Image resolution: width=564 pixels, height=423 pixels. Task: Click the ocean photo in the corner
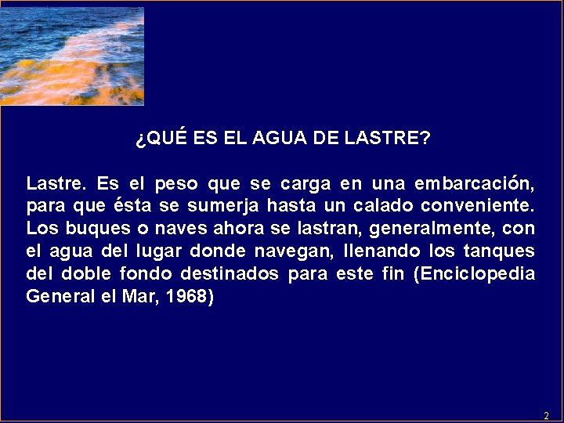click(x=72, y=56)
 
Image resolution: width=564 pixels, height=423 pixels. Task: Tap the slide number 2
click(x=546, y=415)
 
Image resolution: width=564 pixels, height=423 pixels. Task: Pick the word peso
click(x=176, y=185)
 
